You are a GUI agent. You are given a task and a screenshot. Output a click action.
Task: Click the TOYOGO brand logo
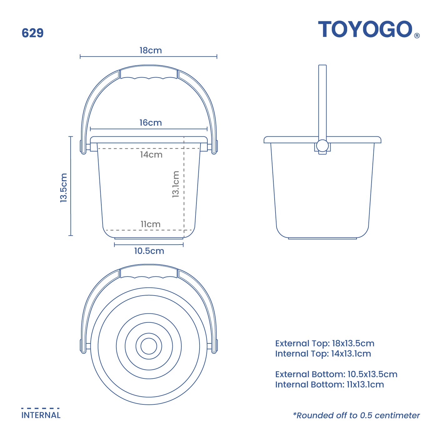(x=365, y=29)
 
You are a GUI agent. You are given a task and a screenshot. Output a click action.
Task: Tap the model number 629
(x=33, y=33)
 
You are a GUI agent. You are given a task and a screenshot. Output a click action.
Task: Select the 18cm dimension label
(x=150, y=50)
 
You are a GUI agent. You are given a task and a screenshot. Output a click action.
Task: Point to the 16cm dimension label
(x=150, y=123)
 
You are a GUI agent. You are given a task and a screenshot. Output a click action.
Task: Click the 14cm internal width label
(x=151, y=155)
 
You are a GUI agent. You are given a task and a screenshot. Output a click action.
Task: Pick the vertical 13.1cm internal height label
(x=176, y=184)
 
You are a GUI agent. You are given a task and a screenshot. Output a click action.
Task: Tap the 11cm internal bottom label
(x=150, y=224)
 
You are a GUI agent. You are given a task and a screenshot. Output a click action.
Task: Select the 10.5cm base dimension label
(x=149, y=251)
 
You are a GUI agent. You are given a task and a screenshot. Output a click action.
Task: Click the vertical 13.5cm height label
(x=64, y=187)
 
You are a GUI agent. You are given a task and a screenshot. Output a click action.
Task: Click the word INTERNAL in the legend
(x=41, y=415)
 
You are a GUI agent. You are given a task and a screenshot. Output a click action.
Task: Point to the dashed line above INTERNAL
(x=40, y=408)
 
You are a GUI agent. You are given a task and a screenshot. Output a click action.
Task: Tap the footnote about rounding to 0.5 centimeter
(x=356, y=415)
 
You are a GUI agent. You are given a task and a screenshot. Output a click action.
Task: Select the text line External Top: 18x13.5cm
(x=325, y=343)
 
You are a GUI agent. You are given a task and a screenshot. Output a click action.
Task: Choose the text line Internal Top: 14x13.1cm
(x=323, y=354)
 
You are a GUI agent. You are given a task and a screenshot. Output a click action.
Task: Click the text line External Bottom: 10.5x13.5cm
(x=336, y=374)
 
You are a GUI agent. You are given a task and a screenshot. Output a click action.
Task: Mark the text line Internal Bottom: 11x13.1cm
(x=329, y=384)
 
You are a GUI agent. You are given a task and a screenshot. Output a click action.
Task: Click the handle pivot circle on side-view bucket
(x=322, y=146)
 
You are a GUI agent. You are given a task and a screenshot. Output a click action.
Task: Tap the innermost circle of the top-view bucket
(x=149, y=346)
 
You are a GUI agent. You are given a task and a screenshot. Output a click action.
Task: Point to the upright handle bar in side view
(x=322, y=100)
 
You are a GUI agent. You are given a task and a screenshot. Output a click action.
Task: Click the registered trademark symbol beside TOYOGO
(x=417, y=36)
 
